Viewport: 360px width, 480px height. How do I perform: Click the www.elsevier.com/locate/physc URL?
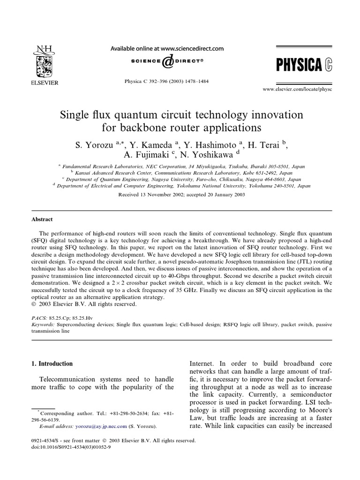[304, 89]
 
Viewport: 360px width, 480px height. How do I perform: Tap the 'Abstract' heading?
[42, 219]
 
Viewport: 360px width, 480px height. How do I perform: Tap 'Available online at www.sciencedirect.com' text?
[166, 48]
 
